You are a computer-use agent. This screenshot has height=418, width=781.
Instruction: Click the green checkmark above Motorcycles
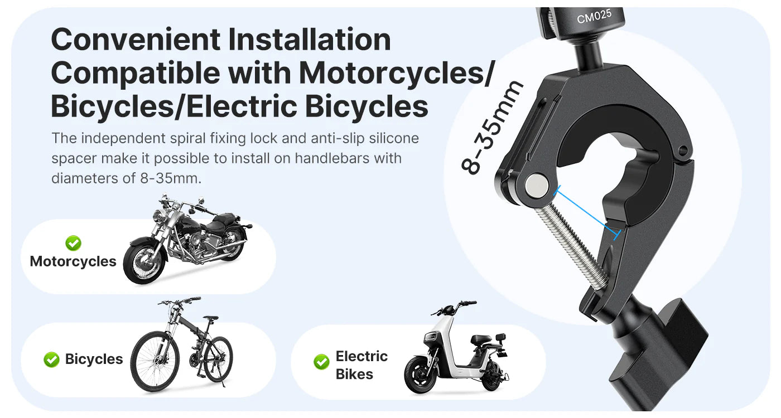73,243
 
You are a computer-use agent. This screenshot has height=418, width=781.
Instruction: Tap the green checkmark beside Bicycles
51,359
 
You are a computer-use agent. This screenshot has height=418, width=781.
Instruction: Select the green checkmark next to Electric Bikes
321,362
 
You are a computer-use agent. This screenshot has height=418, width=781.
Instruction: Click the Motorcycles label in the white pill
73,261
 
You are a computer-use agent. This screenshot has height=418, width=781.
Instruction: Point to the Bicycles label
94,359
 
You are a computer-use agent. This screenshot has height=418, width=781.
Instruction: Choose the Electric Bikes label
361,365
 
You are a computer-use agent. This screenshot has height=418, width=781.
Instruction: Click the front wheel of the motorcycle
144,261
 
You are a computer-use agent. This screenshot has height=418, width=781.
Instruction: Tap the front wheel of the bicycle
155,361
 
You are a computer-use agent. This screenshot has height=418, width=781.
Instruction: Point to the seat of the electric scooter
483,338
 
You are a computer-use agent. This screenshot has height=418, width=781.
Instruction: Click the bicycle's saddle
211,318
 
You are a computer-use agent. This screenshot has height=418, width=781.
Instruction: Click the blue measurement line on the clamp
587,213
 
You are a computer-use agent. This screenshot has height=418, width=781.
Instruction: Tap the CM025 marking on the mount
594,16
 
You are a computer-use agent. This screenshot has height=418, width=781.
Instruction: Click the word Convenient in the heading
136,40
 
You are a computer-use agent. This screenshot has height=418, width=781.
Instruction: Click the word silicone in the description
394,138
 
